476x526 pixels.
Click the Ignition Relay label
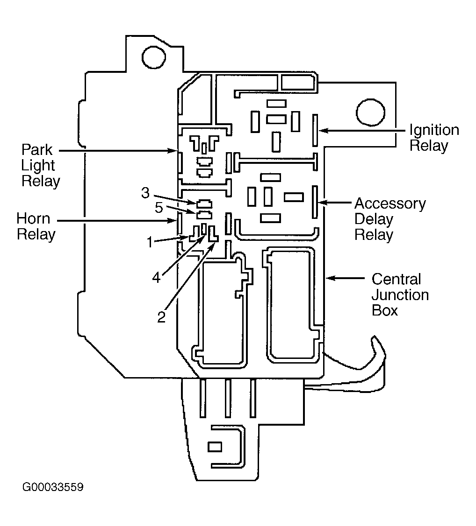click(434, 138)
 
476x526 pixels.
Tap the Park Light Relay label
click(40, 166)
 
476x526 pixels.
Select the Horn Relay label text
click(36, 227)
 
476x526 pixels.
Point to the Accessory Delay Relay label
click(390, 219)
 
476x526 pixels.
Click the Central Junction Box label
click(400, 295)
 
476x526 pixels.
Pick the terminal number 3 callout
click(145, 193)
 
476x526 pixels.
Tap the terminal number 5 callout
click(159, 208)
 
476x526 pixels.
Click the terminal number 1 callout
click(150, 242)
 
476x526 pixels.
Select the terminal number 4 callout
click(156, 278)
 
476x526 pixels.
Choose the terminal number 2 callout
click(161, 317)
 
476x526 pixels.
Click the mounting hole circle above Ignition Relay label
click(370, 113)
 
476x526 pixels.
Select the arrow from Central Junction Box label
click(345, 278)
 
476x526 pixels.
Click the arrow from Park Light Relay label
click(118, 151)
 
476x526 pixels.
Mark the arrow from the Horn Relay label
click(116, 221)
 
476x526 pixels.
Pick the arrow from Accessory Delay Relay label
click(334, 202)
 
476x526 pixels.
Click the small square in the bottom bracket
click(215, 447)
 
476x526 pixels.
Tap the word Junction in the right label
click(400, 295)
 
